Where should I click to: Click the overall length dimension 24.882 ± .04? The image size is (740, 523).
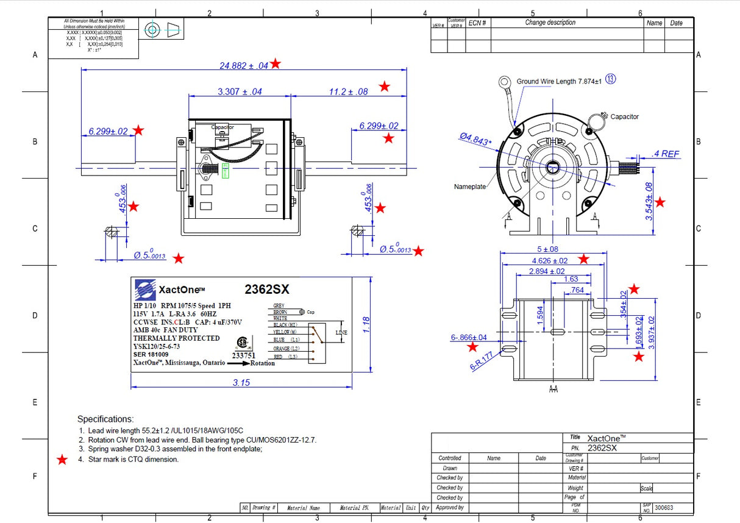click(244, 65)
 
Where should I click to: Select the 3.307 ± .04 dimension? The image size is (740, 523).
click(240, 91)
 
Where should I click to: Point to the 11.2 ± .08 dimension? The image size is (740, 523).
click(348, 91)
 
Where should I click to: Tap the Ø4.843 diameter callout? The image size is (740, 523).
click(475, 140)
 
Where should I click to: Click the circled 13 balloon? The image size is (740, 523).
click(610, 79)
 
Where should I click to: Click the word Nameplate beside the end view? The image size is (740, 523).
click(470, 187)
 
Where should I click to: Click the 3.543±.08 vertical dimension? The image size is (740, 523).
click(649, 201)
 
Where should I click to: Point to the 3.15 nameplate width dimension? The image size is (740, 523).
click(241, 382)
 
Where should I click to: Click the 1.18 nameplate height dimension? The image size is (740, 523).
click(366, 324)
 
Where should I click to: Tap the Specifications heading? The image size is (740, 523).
click(105, 419)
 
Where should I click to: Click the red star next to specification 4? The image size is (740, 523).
click(62, 460)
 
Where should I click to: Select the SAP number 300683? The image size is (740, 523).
click(664, 508)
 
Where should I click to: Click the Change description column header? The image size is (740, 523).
click(550, 23)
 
